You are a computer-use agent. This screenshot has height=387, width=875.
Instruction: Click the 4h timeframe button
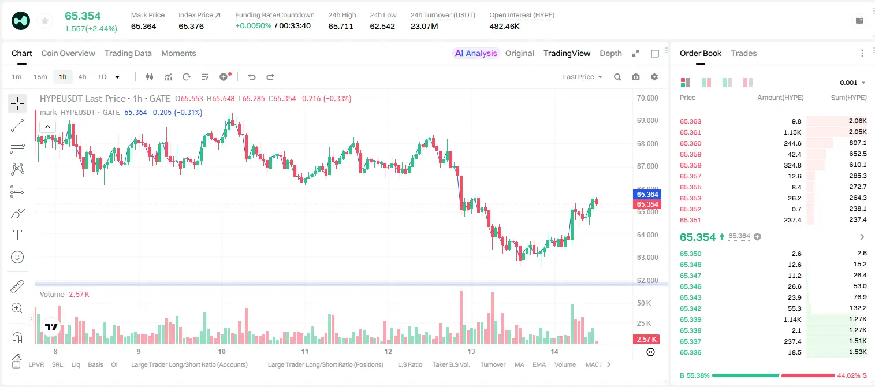82,77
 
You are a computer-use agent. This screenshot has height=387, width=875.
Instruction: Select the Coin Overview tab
68,53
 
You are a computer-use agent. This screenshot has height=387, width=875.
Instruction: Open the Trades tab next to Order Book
744,53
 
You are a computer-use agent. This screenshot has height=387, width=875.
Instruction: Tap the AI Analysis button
476,53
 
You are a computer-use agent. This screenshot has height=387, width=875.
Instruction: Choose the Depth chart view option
610,53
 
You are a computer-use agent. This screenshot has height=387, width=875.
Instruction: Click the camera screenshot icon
636,77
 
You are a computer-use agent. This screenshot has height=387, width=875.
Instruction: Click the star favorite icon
45,21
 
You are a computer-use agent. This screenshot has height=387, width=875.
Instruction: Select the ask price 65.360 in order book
690,143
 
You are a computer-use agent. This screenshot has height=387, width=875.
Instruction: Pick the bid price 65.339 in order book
690,319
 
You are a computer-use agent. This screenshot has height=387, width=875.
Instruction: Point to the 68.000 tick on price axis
647,143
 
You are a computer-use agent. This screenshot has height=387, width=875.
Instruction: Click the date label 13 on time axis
471,351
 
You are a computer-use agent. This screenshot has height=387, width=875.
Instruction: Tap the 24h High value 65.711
341,26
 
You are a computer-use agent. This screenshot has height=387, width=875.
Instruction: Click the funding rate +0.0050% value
253,26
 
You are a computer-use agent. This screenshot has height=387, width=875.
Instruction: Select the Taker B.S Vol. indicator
450,364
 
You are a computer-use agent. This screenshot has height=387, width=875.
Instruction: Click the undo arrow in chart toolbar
252,77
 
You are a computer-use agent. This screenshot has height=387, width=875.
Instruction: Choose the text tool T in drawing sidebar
17,235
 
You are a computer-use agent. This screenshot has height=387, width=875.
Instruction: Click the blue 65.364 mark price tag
647,195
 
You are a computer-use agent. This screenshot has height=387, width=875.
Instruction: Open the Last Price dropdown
582,77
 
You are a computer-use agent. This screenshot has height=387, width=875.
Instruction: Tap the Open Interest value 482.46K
504,26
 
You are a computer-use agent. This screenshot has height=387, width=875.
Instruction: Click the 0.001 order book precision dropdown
852,83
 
